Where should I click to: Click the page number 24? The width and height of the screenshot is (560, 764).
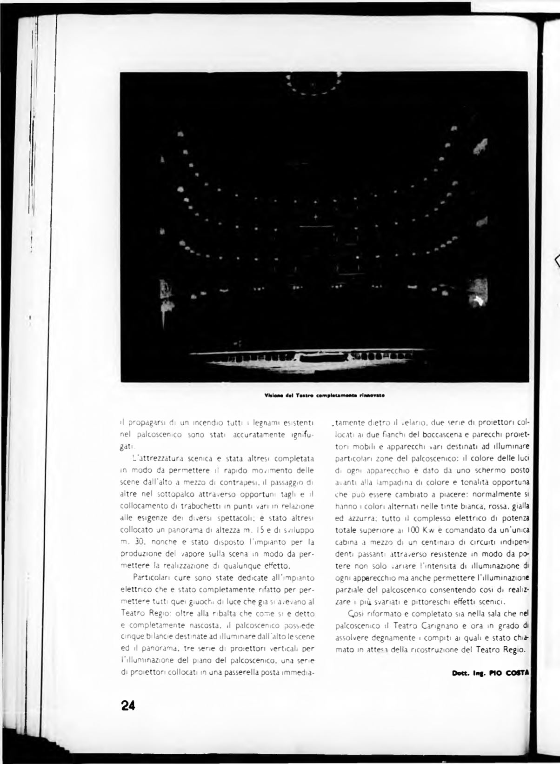[127, 705]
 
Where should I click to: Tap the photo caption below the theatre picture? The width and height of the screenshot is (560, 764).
[324, 396]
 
